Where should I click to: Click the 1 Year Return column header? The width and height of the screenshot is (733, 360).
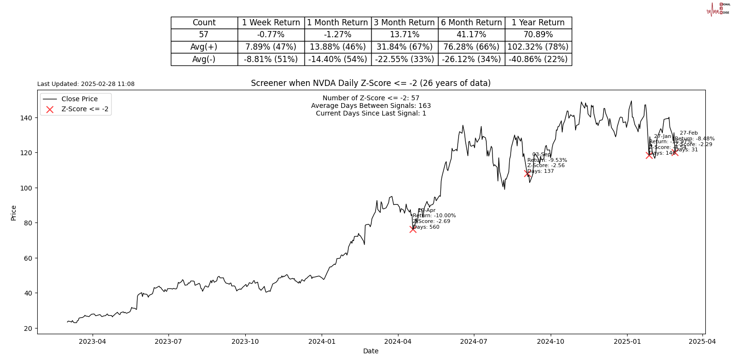click(x=538, y=22)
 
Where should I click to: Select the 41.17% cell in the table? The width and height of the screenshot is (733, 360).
click(x=471, y=35)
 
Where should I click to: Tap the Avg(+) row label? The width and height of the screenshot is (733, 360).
click(x=204, y=47)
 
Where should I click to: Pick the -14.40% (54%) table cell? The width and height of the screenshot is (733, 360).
click(x=337, y=59)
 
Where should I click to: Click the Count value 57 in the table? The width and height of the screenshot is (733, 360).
click(x=204, y=35)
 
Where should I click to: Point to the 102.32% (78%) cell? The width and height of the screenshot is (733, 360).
click(x=538, y=47)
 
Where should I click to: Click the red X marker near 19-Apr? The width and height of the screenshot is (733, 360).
click(x=413, y=229)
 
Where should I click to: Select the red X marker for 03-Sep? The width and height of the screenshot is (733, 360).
click(x=527, y=173)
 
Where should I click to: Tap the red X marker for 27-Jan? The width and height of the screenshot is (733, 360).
click(x=649, y=155)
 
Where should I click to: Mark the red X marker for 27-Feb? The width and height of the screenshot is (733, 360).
click(x=675, y=152)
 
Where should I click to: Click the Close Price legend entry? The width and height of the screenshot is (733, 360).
click(x=79, y=99)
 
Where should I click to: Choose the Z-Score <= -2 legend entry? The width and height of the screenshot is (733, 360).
click(x=84, y=109)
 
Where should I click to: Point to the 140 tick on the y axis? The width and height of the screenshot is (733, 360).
click(x=29, y=118)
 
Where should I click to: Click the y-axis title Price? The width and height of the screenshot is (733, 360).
click(x=13, y=212)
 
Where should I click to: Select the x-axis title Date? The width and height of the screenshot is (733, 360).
click(x=371, y=351)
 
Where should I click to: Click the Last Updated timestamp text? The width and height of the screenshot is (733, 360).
click(x=86, y=84)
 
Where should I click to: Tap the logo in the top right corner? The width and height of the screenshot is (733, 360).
click(x=718, y=9)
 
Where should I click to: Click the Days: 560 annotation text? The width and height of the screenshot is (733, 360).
click(x=426, y=227)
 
